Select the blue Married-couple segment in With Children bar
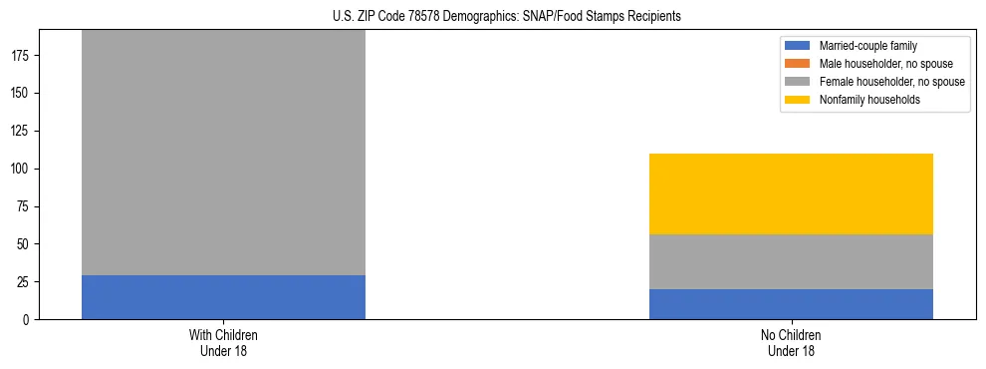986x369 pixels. click(223, 297)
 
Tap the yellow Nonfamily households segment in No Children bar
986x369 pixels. click(791, 193)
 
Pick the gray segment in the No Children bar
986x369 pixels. click(791, 261)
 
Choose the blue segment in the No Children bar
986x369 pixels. click(791, 304)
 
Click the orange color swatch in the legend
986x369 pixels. click(799, 64)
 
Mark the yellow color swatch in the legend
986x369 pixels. click(799, 100)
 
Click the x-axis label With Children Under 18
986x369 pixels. click(223, 342)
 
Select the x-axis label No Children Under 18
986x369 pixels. click(791, 342)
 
